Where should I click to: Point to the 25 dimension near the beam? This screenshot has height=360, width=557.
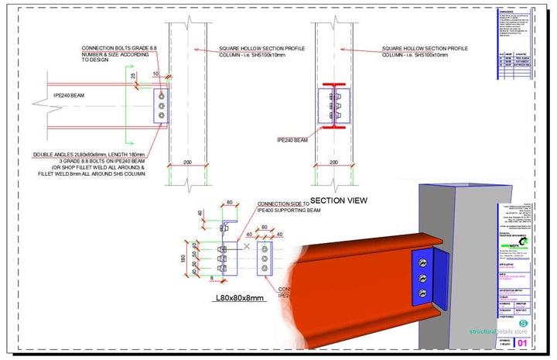(x=133, y=77)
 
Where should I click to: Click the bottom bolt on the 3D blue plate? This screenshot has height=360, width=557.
(x=424, y=292)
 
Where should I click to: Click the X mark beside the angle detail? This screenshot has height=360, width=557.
(x=246, y=246)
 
